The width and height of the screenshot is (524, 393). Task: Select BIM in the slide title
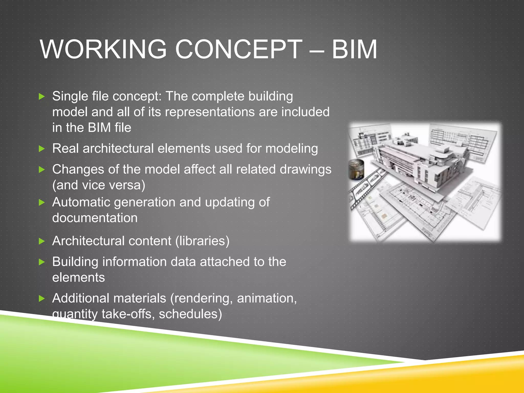354,49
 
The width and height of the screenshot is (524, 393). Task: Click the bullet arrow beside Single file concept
42,97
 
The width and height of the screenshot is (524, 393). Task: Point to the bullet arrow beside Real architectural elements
42,149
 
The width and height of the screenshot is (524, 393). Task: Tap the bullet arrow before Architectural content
42,241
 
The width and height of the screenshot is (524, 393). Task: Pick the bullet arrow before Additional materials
42,298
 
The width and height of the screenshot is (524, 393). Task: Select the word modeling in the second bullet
291,149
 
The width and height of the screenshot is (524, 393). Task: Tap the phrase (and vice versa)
99,185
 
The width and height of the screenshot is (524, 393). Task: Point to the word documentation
95,218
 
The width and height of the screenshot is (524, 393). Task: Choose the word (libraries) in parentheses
202,241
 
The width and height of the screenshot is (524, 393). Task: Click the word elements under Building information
78,278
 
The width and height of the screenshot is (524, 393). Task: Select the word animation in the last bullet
266,298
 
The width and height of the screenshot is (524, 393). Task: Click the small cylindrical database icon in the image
356,169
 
